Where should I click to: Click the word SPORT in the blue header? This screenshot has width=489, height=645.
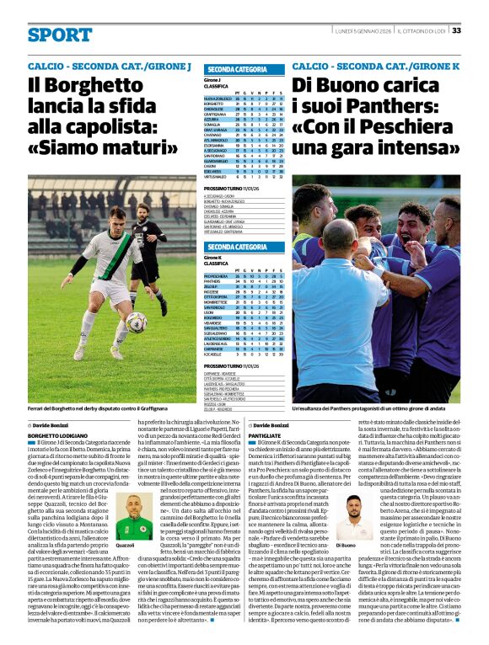coord(60,35)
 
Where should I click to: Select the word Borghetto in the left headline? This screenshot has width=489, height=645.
coord(88,85)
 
